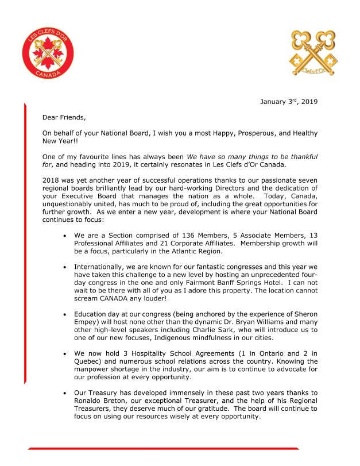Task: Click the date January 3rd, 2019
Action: coord(288,103)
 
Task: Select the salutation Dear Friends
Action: coord(64,118)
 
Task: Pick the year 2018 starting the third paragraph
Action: coord(51,181)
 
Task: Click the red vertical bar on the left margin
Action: coord(25,241)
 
